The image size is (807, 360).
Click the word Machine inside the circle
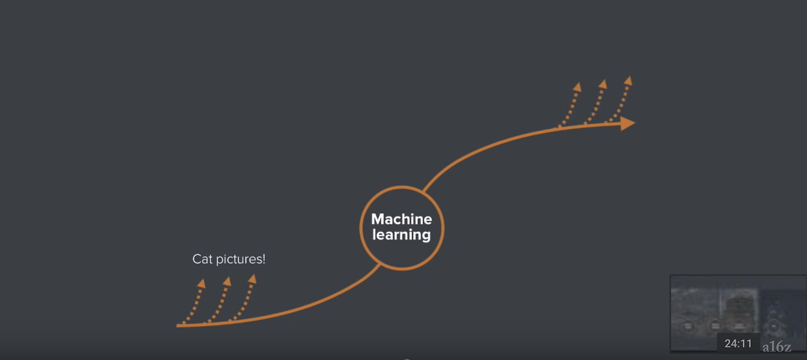(x=402, y=219)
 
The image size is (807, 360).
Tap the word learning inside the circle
(x=402, y=235)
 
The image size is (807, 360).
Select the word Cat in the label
(x=202, y=259)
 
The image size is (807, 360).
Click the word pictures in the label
(x=238, y=259)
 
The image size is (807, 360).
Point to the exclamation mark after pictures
(x=264, y=259)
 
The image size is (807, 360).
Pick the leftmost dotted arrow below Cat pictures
(x=195, y=301)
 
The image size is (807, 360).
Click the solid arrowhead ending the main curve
(x=627, y=124)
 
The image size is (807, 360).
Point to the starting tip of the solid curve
(x=178, y=325)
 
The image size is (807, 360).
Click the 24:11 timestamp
(x=738, y=344)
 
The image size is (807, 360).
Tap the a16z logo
(x=776, y=347)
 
